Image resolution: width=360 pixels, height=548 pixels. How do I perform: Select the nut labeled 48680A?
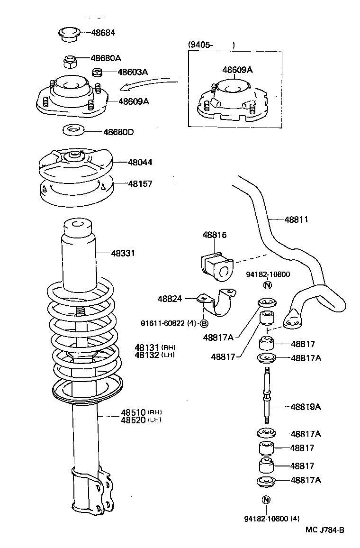70,61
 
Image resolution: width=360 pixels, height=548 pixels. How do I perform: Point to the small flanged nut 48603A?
97,73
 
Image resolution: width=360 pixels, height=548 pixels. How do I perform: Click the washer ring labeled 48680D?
72,129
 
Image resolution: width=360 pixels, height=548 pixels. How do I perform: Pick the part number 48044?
140,162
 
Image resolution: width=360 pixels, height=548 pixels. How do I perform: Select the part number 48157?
140,183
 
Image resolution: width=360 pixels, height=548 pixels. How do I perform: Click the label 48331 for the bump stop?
123,254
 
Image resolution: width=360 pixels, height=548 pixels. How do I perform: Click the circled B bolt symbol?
204,324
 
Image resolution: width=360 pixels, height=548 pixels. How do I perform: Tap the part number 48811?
296,219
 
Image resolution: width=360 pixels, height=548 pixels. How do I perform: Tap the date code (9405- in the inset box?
201,45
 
